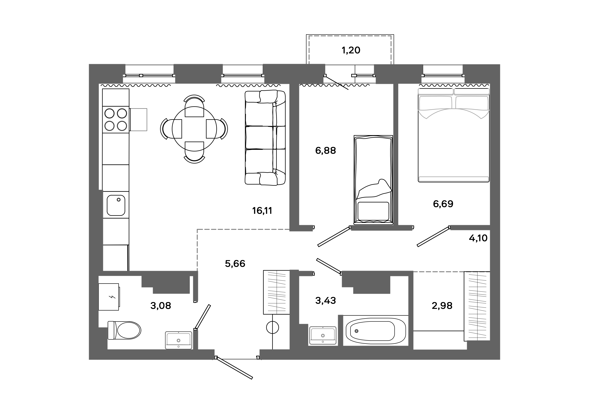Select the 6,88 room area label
(x=325, y=150)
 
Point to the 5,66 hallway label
(x=235, y=264)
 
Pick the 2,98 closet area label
(x=442, y=306)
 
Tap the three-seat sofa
(x=265, y=137)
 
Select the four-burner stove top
(x=116, y=119)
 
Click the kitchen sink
(x=116, y=205)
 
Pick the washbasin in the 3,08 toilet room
(x=178, y=340)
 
